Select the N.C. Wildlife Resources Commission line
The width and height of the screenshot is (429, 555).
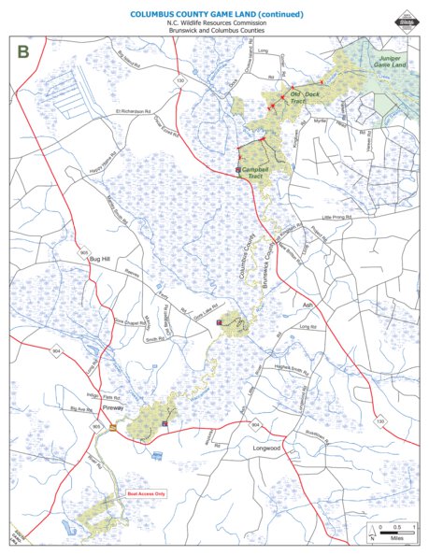[x=214, y=25]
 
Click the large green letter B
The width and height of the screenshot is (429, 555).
[x=22, y=53]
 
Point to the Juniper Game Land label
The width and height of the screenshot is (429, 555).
[x=387, y=62]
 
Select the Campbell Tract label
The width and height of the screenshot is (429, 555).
[x=255, y=172]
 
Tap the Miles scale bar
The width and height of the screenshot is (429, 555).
[x=397, y=531]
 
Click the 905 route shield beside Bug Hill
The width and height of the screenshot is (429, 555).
[x=84, y=252]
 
